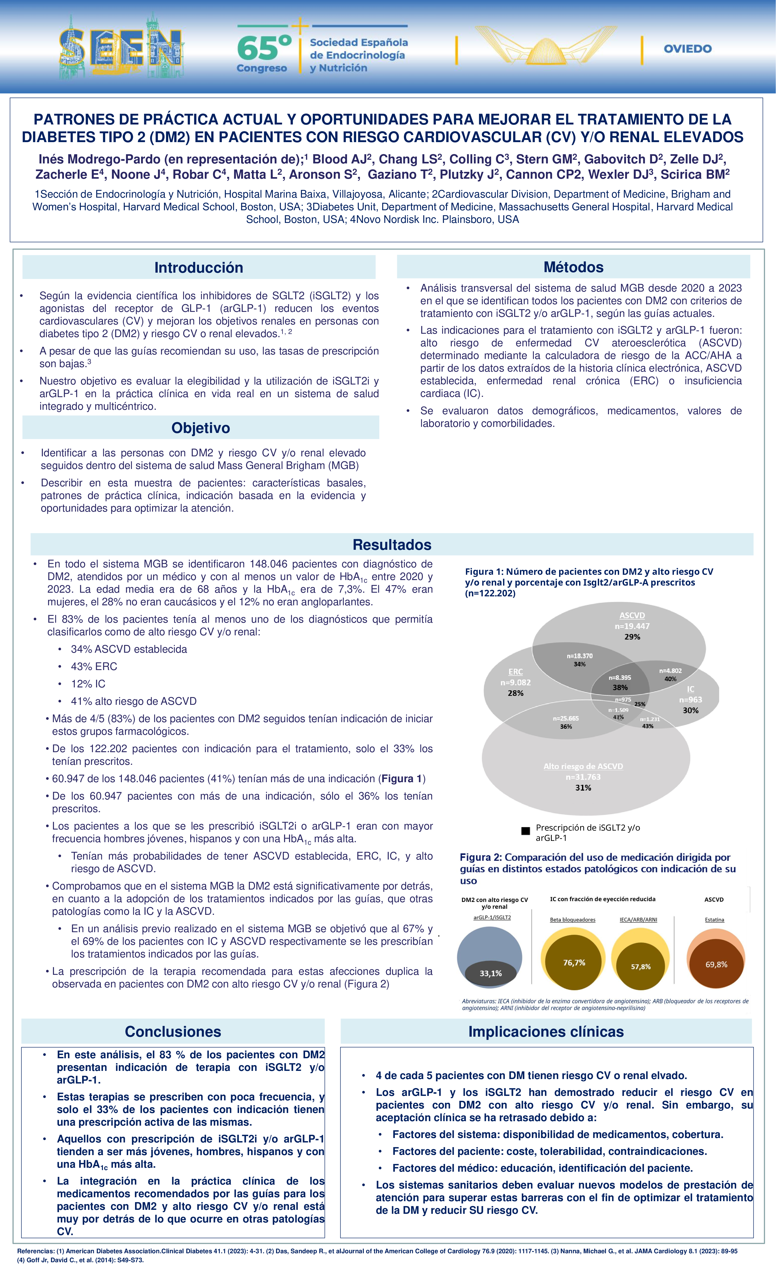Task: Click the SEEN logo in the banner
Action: (x=121, y=49)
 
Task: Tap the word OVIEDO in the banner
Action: (x=688, y=49)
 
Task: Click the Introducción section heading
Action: (x=199, y=268)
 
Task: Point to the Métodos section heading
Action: (x=573, y=267)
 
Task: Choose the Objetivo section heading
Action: (x=201, y=428)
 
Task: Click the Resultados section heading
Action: (x=392, y=545)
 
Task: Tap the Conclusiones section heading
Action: (x=173, y=1031)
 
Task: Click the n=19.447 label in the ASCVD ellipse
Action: (x=632, y=626)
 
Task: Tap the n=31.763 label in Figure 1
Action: (x=583, y=777)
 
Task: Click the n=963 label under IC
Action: (x=690, y=700)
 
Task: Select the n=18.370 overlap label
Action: (x=579, y=656)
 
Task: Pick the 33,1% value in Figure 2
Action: (x=490, y=973)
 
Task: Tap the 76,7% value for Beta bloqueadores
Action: (x=574, y=962)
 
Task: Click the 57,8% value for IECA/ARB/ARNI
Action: (x=641, y=966)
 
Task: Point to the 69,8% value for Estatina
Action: (x=716, y=964)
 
